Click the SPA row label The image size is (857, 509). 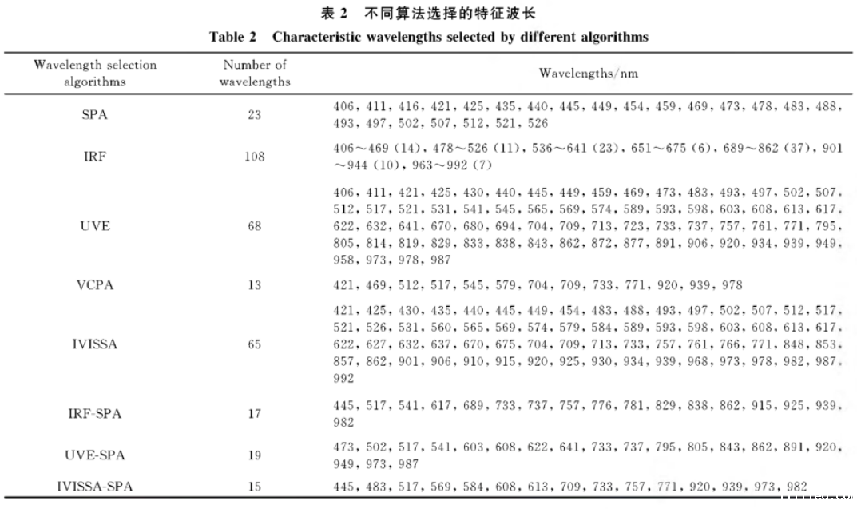(x=95, y=115)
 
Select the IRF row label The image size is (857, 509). (x=95, y=157)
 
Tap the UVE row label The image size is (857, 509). (x=95, y=226)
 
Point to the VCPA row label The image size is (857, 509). (x=95, y=285)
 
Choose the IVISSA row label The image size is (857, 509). (x=95, y=345)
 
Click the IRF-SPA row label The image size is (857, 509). (x=95, y=414)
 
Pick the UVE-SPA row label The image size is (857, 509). (x=95, y=455)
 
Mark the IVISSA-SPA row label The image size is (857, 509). (x=95, y=487)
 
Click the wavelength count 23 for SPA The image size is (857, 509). (x=254, y=115)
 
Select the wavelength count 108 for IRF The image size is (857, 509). (x=254, y=157)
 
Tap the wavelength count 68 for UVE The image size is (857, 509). (x=254, y=226)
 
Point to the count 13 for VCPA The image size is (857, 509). (x=254, y=285)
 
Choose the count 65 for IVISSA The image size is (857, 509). (x=254, y=345)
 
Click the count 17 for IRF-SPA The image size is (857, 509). (x=254, y=414)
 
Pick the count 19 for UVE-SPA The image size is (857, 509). (x=254, y=455)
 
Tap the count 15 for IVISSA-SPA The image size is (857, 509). (x=254, y=487)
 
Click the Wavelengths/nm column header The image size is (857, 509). (x=588, y=74)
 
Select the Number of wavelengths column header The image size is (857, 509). (x=255, y=74)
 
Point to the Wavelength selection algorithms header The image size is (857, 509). (x=95, y=74)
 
